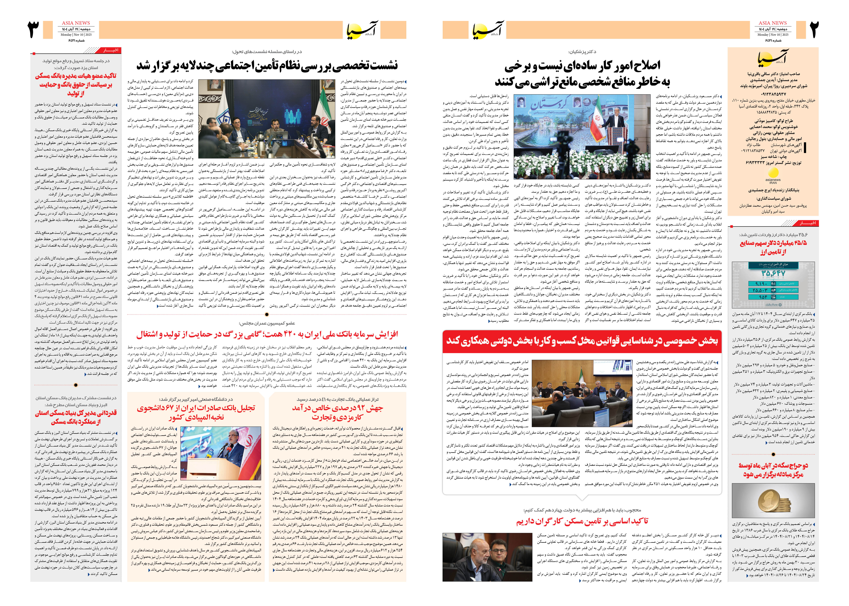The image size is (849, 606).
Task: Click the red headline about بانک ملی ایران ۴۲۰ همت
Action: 267,334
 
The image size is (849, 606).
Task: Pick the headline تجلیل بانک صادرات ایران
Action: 196,412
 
